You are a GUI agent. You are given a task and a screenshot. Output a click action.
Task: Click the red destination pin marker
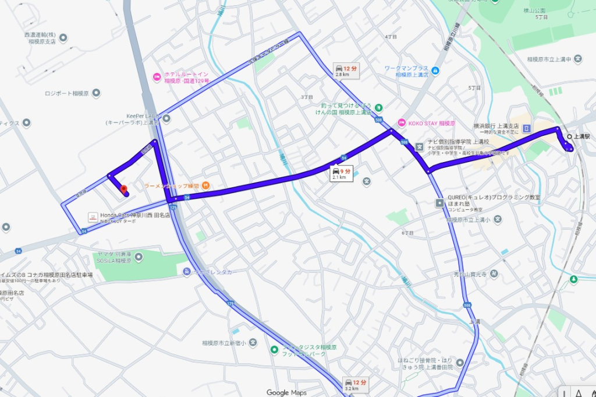pos(123,189)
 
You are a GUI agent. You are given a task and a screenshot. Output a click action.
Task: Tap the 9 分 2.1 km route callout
pos(342,173)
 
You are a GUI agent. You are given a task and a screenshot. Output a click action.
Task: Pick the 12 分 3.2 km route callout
pos(355,385)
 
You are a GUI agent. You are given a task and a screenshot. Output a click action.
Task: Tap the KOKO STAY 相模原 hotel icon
pos(400,123)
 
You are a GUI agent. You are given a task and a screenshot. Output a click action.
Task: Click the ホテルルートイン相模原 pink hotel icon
pos(156,77)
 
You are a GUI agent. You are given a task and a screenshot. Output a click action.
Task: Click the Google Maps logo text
pos(286,392)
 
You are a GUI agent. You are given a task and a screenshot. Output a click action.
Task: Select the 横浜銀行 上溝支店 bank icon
pos(527,128)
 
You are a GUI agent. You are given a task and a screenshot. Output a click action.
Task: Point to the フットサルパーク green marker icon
pos(274,350)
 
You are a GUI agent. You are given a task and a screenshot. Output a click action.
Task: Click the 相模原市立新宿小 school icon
pos(252,342)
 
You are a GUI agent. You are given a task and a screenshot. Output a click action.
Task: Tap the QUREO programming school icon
pos(440,203)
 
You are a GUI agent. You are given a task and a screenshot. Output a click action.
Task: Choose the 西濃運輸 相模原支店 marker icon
pos(63,38)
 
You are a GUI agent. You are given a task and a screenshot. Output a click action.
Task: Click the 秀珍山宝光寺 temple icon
pos(494,273)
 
